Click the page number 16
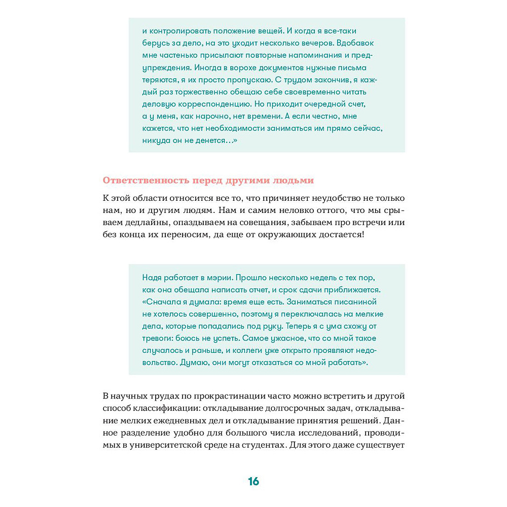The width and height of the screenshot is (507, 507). click(253, 481)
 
